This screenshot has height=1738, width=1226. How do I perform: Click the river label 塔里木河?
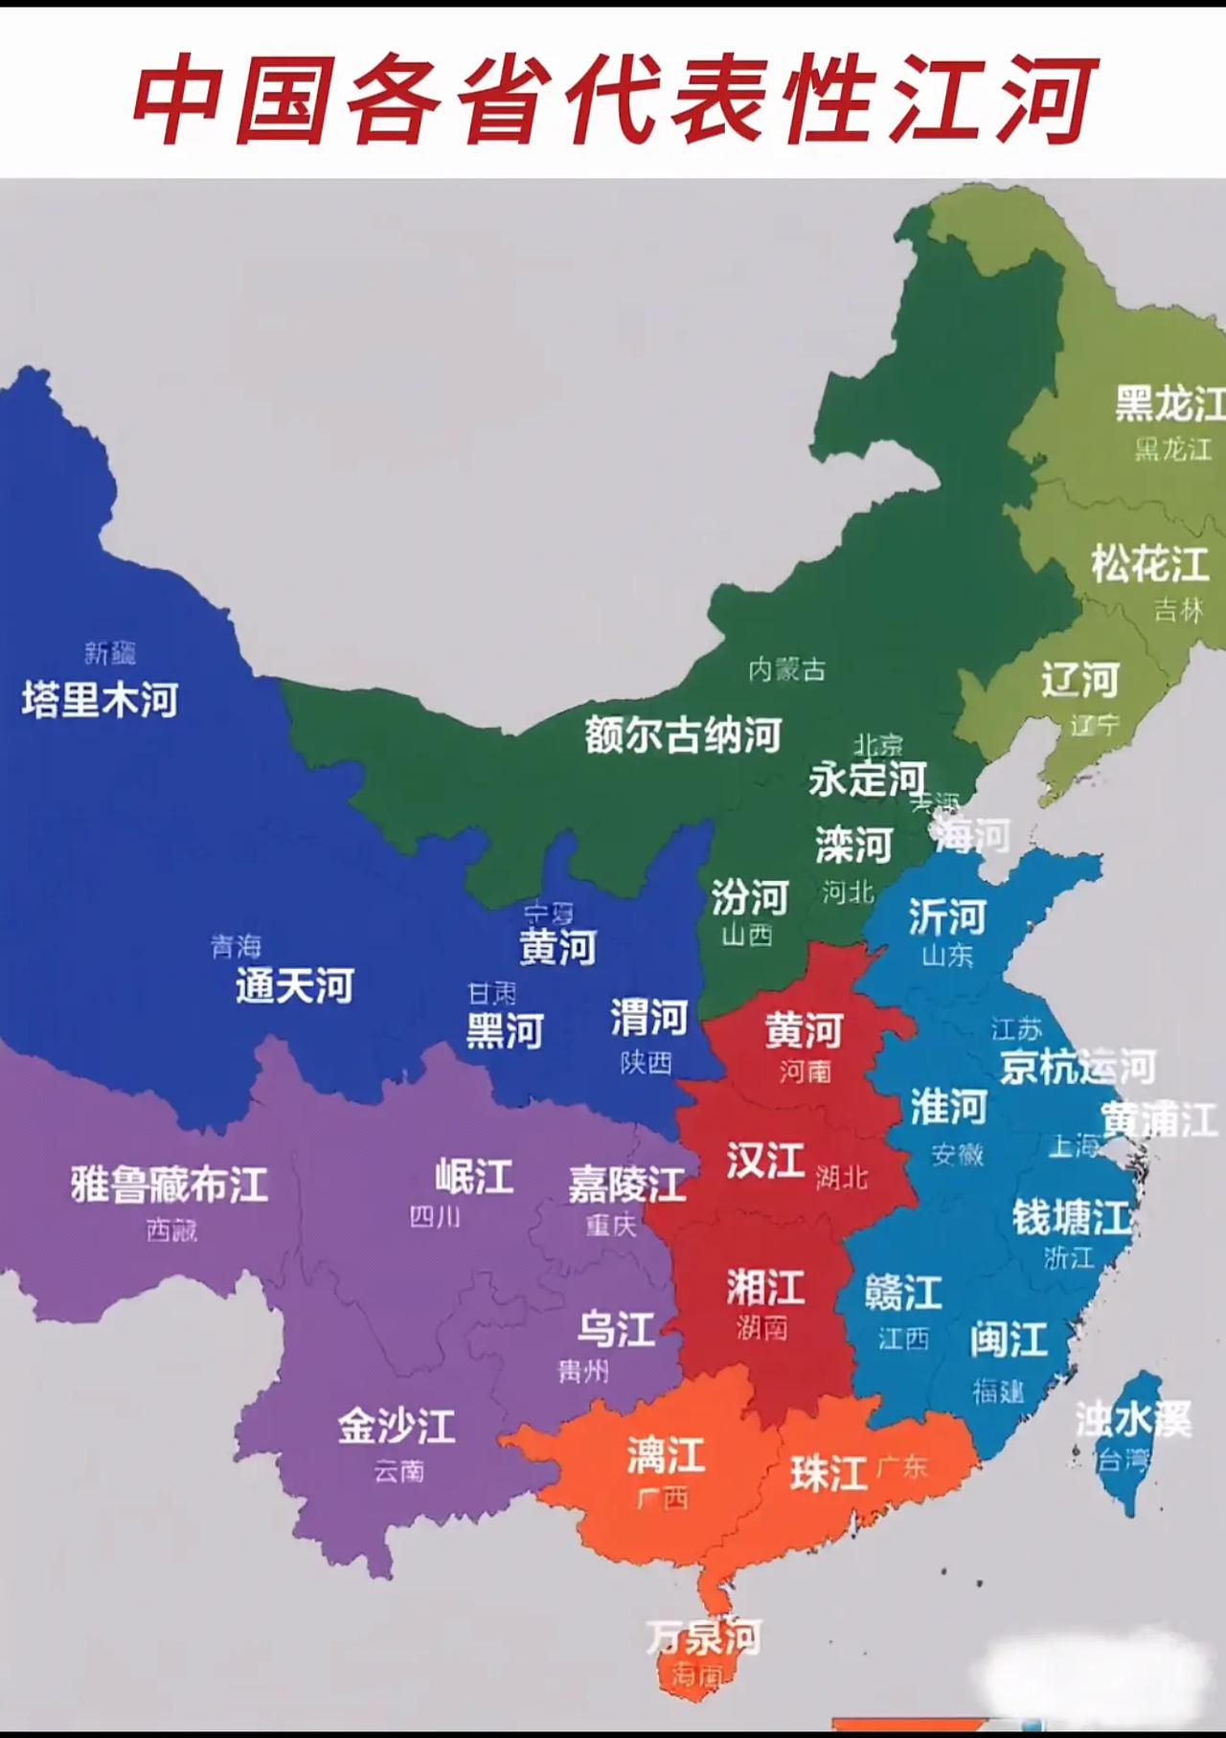(x=101, y=700)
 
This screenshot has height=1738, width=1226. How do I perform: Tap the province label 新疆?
(x=110, y=653)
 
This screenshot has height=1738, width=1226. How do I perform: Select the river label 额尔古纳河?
(x=683, y=735)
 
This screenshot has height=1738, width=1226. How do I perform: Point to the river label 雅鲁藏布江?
(x=170, y=1185)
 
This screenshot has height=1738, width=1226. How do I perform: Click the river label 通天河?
(x=295, y=985)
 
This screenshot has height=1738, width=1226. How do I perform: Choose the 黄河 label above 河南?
(x=803, y=1031)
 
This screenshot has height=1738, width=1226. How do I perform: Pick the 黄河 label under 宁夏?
(x=557, y=947)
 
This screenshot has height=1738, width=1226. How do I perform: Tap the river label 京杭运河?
(x=1078, y=1067)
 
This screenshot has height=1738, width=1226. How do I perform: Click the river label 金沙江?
(x=396, y=1427)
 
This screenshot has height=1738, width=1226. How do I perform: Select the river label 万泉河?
(x=704, y=1637)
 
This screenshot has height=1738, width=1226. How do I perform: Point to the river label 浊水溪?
(x=1133, y=1419)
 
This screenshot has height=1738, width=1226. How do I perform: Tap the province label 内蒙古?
(x=786, y=669)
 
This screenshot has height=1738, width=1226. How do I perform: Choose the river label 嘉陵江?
(x=626, y=1185)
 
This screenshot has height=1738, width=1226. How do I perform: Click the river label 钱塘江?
(x=1072, y=1218)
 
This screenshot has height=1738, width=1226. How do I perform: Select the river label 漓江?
(x=666, y=1456)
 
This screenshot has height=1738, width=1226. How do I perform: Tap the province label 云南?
(x=398, y=1471)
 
